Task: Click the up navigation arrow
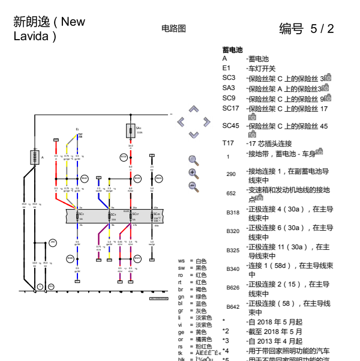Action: (193, 109)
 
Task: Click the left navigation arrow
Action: (181, 123)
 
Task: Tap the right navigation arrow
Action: (206, 123)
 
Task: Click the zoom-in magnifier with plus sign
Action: (193, 173)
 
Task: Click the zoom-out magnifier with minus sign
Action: (193, 186)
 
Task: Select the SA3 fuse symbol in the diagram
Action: (131, 130)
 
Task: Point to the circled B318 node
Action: (124, 157)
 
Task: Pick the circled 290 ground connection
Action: (52, 242)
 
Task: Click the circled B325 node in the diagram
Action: (137, 259)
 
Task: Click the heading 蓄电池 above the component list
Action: (232, 50)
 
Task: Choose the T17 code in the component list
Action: (228, 143)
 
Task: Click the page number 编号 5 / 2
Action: (307, 29)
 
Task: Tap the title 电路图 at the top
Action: (173, 28)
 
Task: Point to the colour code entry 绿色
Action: (200, 296)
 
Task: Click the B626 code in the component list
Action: (233, 288)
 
